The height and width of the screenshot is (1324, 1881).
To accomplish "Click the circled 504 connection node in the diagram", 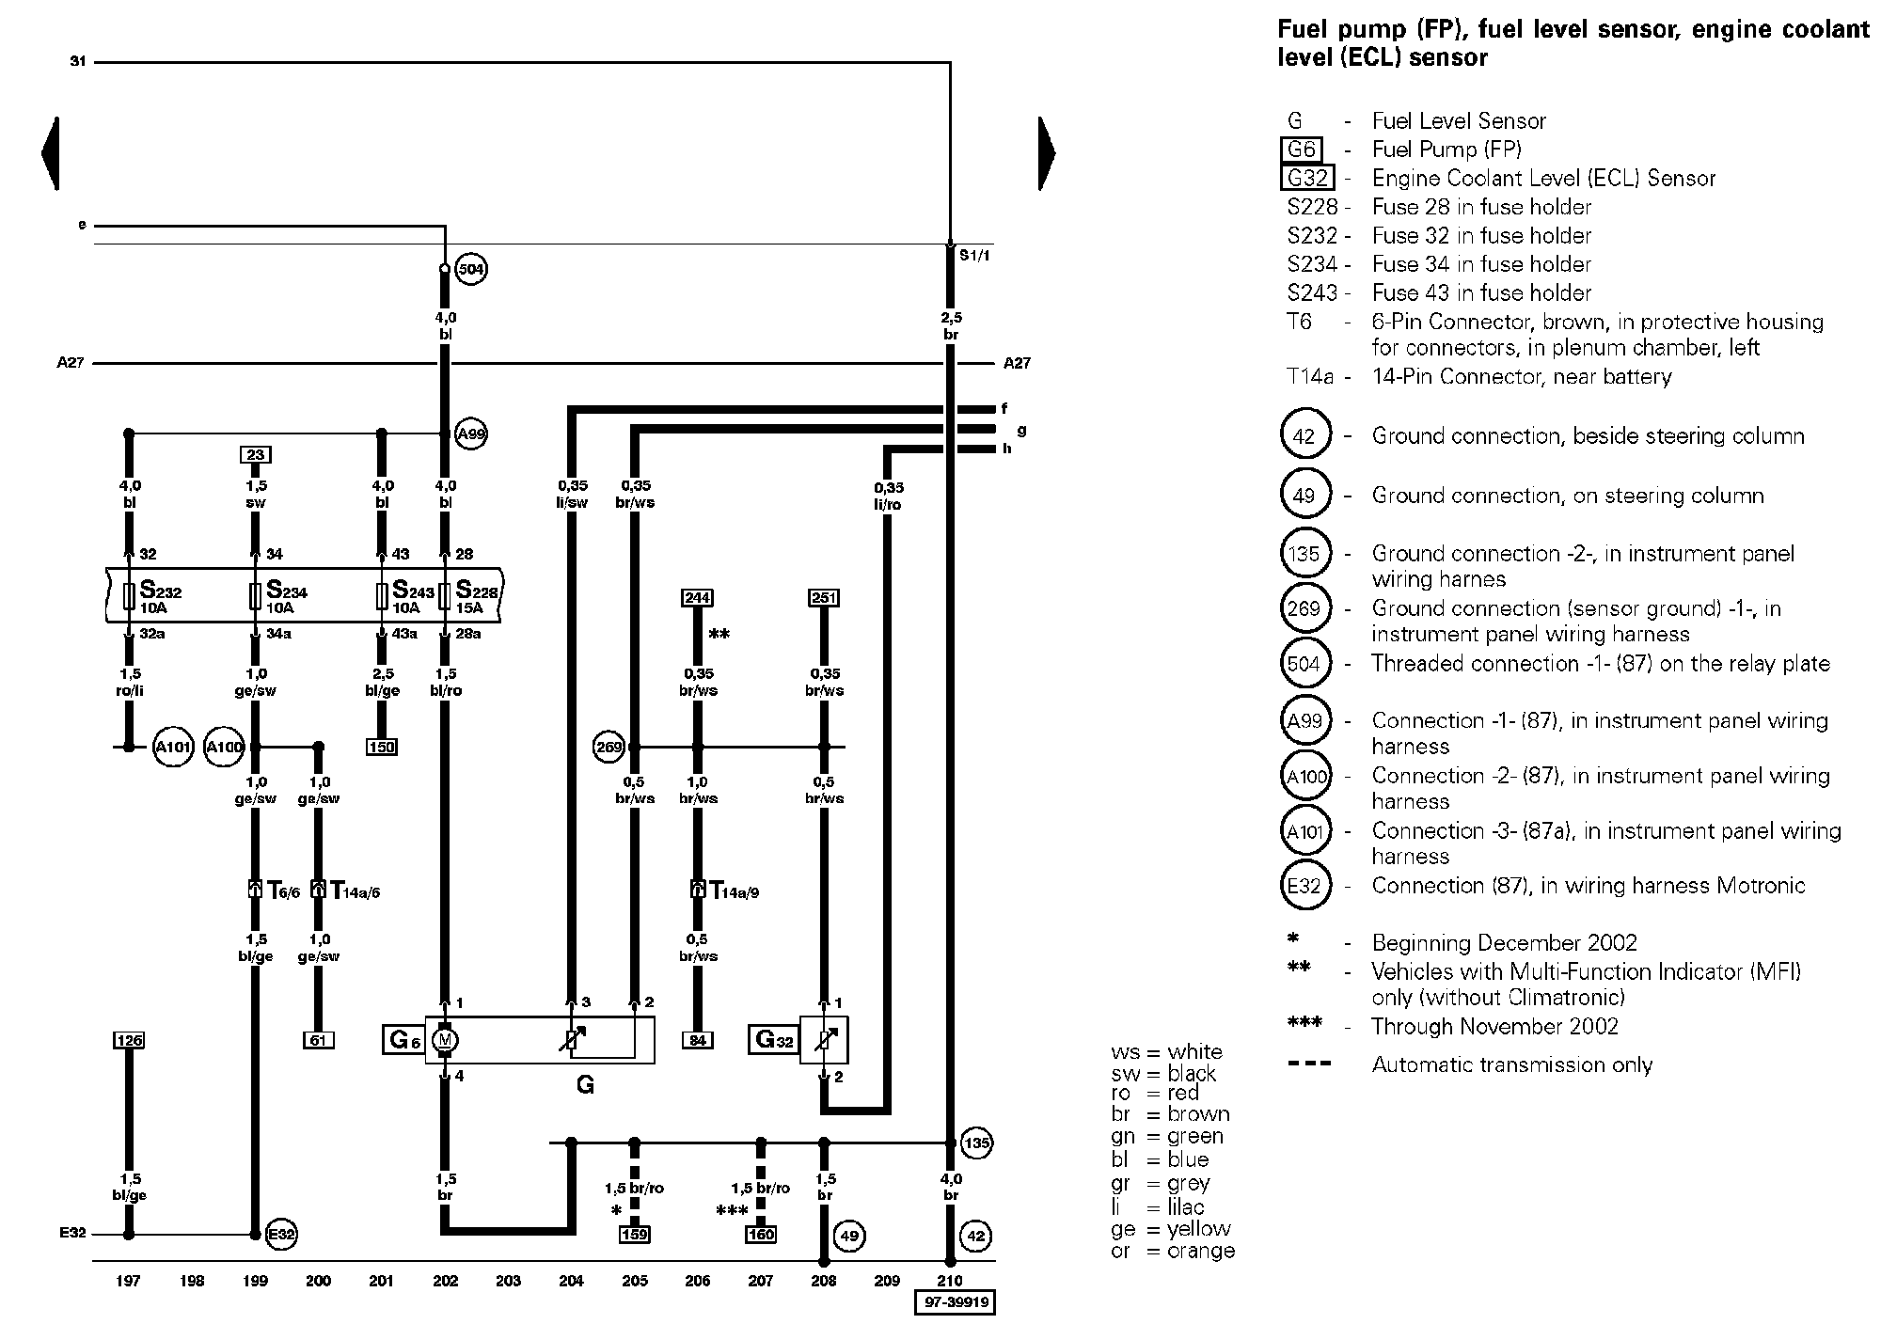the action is click(470, 270).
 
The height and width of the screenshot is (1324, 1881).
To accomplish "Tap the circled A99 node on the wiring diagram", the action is click(470, 434).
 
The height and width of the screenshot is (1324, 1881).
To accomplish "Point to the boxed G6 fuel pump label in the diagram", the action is click(403, 1040).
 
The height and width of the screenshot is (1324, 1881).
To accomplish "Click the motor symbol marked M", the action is click(445, 1040).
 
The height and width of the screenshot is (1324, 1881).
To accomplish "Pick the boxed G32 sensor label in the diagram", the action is click(773, 1040).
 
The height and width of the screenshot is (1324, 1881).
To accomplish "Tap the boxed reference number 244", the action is click(697, 598).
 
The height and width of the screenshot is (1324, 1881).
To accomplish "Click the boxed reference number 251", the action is click(824, 598).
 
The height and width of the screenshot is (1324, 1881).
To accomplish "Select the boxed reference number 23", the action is click(256, 455).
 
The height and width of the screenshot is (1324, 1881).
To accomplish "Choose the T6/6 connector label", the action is click(283, 891).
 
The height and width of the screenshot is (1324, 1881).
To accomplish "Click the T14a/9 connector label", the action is click(734, 891).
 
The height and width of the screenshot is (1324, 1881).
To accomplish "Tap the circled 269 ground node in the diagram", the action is click(609, 748).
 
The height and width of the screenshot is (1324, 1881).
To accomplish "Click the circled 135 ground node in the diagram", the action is click(977, 1143).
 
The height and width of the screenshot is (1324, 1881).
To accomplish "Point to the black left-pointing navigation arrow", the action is click(51, 153).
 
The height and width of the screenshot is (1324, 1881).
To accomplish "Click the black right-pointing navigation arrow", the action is click(1047, 153).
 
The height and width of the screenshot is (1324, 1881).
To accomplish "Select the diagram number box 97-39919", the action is click(955, 1303).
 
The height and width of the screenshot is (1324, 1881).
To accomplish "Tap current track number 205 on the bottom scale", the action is click(635, 1281).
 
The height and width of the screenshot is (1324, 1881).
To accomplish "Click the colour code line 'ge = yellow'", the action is click(1171, 1229).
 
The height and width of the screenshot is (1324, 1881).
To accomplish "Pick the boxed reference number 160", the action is click(761, 1235).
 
